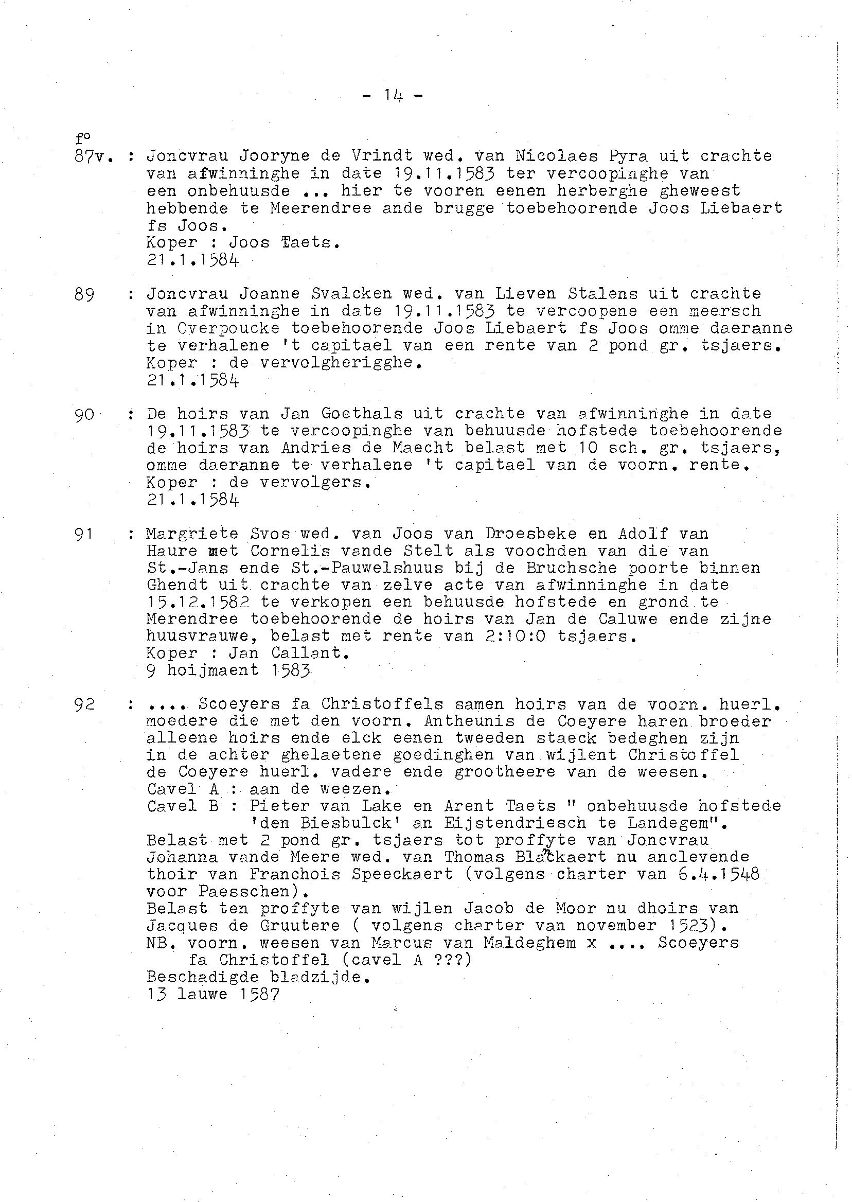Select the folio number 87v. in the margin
[x=94, y=156]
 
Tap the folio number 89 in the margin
[x=84, y=295]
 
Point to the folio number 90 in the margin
[x=84, y=415]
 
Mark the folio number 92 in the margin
[x=84, y=704]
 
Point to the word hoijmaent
[x=213, y=670]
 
